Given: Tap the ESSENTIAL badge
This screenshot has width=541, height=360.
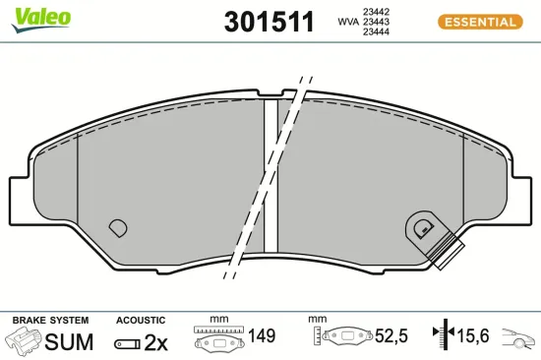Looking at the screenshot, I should [477, 22].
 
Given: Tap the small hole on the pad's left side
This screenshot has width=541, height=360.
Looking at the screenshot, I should [117, 227].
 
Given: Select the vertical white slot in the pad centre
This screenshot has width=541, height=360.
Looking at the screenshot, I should [270, 177].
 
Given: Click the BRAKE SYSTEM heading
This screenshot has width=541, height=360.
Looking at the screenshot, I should [50, 321].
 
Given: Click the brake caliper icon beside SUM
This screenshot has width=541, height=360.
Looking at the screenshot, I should [24, 342].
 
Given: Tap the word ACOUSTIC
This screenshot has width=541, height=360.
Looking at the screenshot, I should [140, 321].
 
